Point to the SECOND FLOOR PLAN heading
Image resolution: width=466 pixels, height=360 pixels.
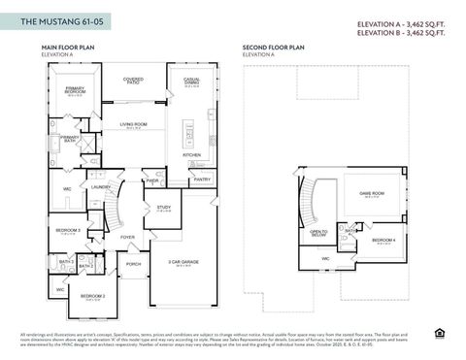[273, 47]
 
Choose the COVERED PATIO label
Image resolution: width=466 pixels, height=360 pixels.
[134, 82]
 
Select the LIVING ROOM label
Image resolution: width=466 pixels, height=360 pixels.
[134, 124]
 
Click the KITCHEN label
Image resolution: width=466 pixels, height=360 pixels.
[192, 154]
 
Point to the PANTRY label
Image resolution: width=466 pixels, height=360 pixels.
[202, 179]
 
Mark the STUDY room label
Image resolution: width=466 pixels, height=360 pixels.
[163, 207]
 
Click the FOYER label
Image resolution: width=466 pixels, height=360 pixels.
[127, 236]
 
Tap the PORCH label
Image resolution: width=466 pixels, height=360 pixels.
[134, 263]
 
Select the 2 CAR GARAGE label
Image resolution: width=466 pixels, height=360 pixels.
[183, 262]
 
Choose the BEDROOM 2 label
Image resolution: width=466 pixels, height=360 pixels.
[92, 295]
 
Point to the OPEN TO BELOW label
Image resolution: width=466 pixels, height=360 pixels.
[317, 233]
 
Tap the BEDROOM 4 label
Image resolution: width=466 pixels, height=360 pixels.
[383, 240]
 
